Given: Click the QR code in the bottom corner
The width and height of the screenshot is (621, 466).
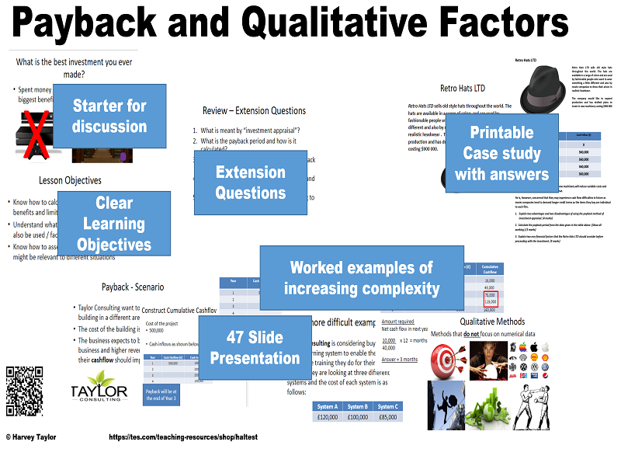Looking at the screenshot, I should coord(24,391).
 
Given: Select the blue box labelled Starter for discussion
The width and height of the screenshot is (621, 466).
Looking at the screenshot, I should coord(109,116).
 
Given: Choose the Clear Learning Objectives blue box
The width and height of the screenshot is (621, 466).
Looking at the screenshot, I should coord(114,224).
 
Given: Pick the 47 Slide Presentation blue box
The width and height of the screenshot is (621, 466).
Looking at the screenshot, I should coord(255,347).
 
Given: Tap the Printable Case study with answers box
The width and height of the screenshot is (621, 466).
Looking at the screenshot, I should coord(501,153).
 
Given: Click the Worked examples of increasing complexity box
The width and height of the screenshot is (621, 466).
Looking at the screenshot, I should coord(361,278).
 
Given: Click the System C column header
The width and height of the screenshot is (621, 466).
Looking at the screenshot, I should coord(387,406).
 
